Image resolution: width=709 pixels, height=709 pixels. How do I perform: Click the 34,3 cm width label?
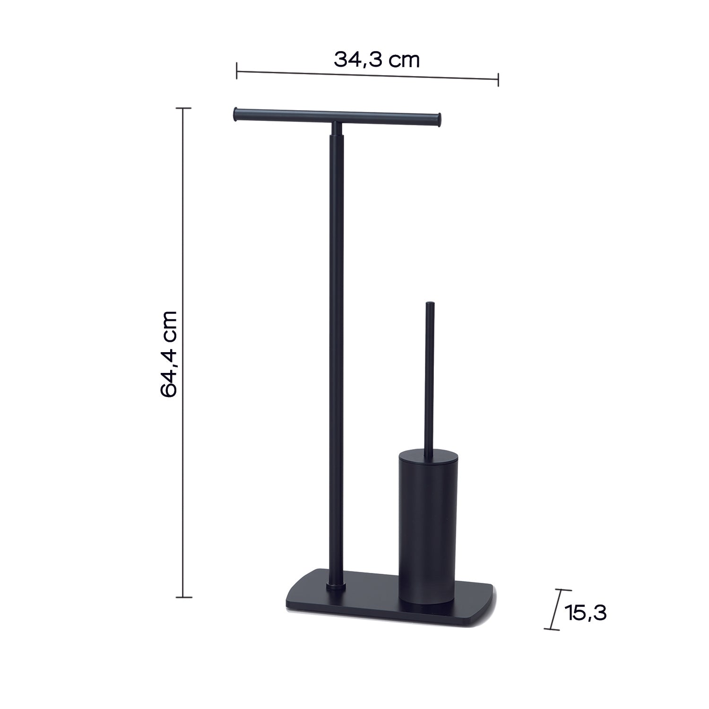[377, 60]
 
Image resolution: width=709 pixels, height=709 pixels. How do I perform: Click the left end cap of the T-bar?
[235, 115]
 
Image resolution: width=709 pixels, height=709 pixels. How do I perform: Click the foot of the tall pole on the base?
[336, 587]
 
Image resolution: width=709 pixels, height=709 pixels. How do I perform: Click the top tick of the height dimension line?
[183, 108]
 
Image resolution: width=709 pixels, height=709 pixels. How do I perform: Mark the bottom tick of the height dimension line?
[183, 597]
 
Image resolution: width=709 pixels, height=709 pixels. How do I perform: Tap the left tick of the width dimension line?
[237, 72]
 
